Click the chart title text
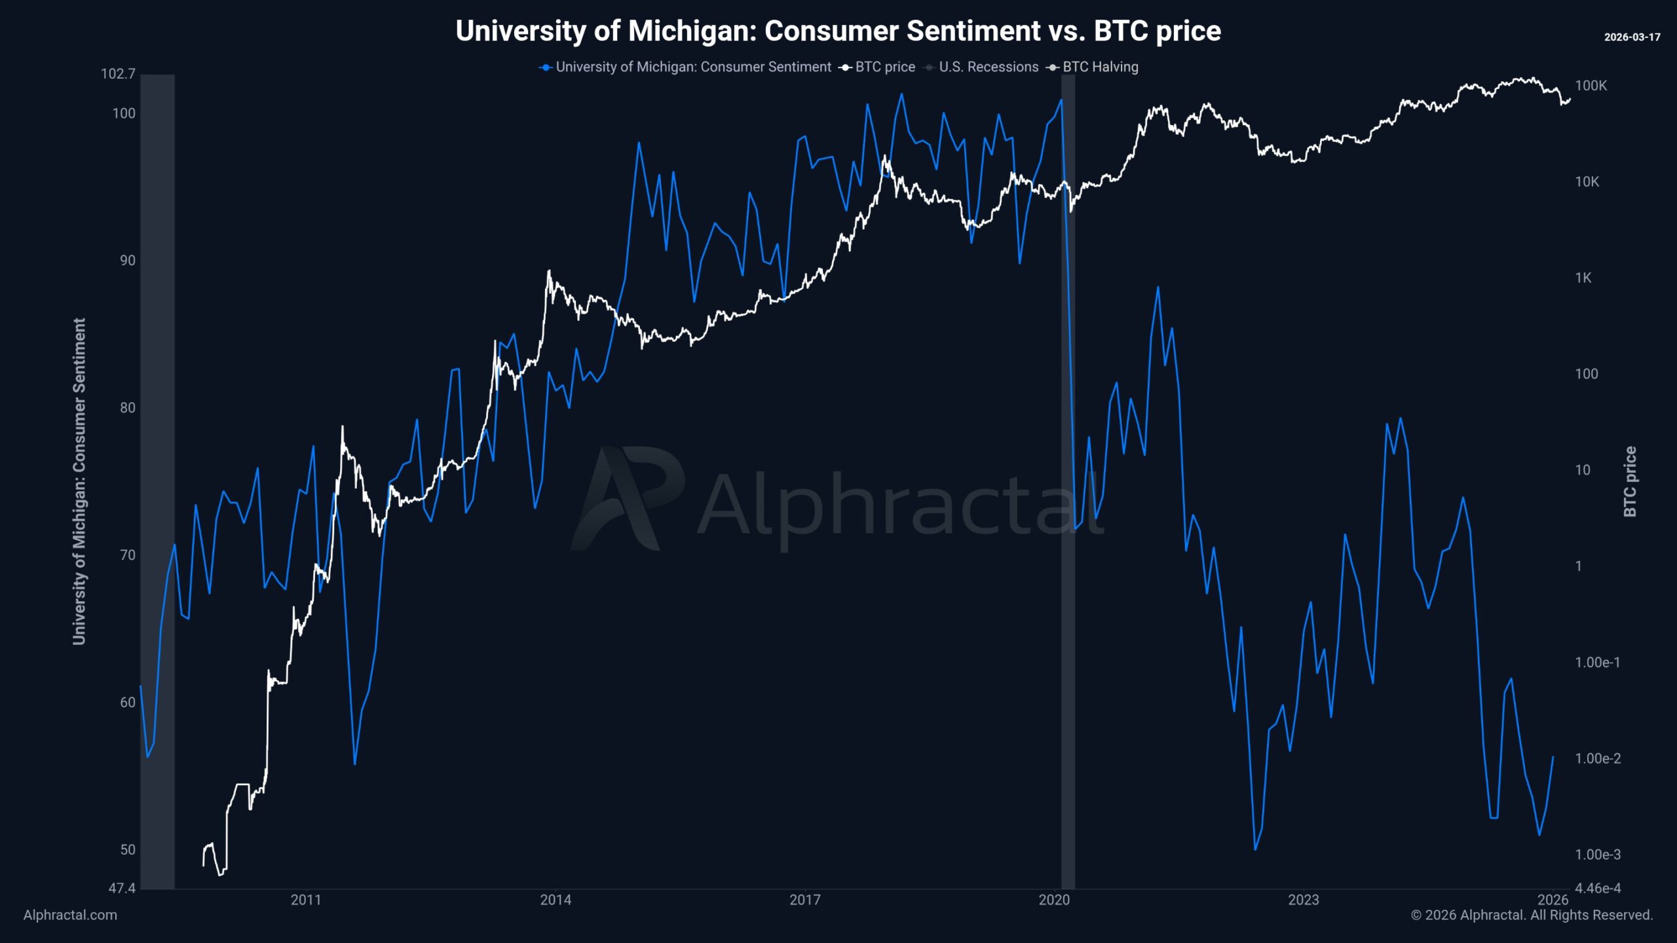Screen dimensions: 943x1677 tap(838, 31)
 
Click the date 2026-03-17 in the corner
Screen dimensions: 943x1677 tap(1632, 37)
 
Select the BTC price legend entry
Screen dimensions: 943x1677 tap(884, 67)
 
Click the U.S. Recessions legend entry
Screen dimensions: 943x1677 tap(988, 67)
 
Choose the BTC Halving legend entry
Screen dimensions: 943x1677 tap(1100, 67)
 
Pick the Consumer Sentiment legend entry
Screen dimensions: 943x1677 tap(692, 67)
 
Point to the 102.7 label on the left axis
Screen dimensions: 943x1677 tap(118, 73)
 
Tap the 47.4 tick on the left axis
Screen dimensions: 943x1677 tap(122, 888)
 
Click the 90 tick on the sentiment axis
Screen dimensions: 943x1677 tap(127, 261)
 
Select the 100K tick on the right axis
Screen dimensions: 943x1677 tap(1591, 86)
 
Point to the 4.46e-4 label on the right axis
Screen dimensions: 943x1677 tap(1598, 888)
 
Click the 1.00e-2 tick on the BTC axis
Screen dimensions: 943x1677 tap(1598, 758)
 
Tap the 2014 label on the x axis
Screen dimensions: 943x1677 tap(556, 900)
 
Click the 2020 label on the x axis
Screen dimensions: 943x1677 tap(1054, 900)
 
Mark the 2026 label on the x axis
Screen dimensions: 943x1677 tap(1553, 900)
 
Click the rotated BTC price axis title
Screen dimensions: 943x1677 tap(1630, 481)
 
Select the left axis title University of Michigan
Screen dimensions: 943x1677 tap(79, 481)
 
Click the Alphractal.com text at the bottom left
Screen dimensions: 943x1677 tap(70, 915)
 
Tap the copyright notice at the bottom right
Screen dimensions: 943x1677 tap(1532, 915)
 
